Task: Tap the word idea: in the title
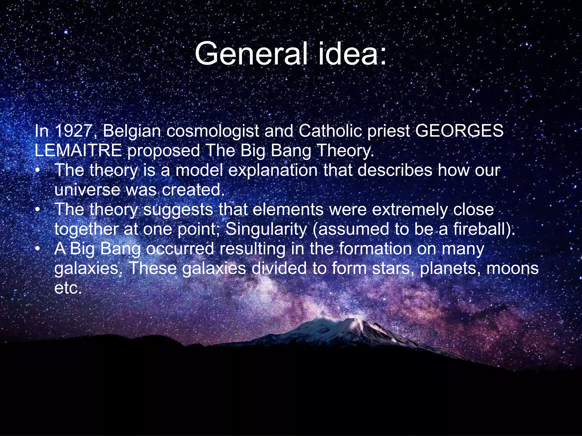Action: pos(352,54)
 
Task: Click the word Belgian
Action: pos(132,131)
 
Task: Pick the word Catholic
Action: pos(330,131)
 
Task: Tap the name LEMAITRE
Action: pos(78,151)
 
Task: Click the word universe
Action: pos(87,190)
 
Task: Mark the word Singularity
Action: pos(266,229)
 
